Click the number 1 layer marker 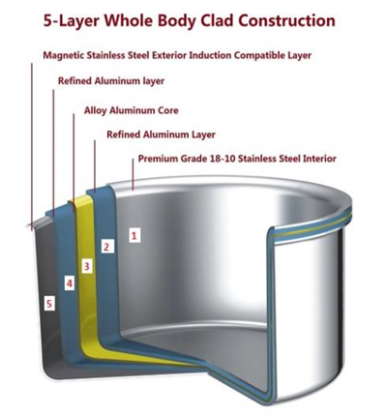pos(134,235)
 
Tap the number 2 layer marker pos(106,247)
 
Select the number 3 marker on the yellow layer pos(86,266)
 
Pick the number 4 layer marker pos(70,283)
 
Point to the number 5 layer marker pos(49,304)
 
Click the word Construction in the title pos(286,20)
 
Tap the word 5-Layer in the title pos(71,21)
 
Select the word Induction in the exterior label pos(210,55)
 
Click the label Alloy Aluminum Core pos(132,110)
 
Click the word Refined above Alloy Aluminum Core pos(74,81)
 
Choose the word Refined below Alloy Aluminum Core pos(124,134)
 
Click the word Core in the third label pos(167,110)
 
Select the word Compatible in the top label pos(260,55)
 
